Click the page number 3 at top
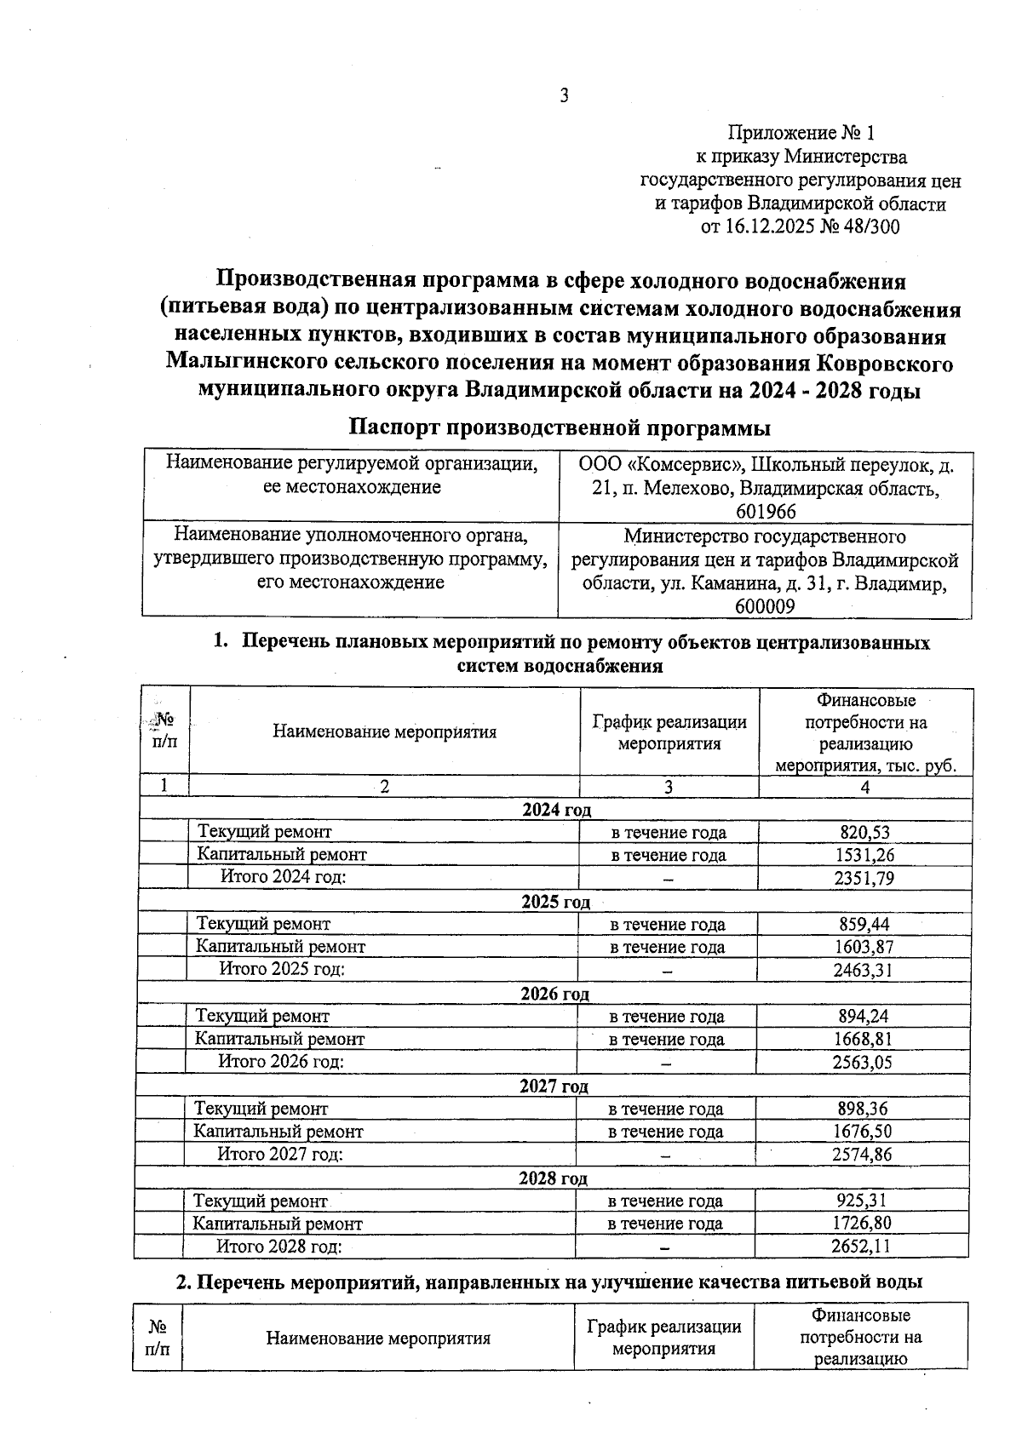[563, 96]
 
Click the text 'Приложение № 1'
[801, 133]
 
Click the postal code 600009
[765, 606]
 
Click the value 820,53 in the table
[864, 832]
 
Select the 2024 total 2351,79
[864, 878]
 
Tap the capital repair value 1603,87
[864, 947]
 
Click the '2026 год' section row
[554, 994]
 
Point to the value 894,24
[863, 1016]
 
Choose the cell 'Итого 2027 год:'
[280, 1155]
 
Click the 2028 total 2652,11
[862, 1247]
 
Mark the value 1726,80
[862, 1224]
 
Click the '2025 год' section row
[555, 902]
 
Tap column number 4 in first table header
[864, 788]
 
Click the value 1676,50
[863, 1132]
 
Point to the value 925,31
[862, 1201]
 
